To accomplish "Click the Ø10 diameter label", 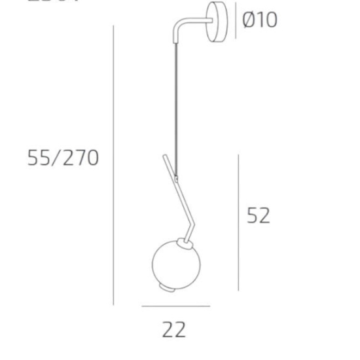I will pyautogui.click(x=260, y=20).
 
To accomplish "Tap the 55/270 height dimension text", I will pyautogui.click(x=63, y=158).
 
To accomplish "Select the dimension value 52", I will pyautogui.click(x=259, y=215).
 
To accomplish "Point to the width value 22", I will pyautogui.click(x=174, y=329).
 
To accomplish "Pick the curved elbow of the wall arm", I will pyautogui.click(x=178, y=29).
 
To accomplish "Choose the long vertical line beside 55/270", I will pyautogui.click(x=113, y=164).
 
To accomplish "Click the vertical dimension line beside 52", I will pyautogui.click(x=238, y=223).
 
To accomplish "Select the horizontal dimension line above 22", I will pyautogui.click(x=175, y=306).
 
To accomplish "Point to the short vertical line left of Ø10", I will pyautogui.click(x=235, y=20).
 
